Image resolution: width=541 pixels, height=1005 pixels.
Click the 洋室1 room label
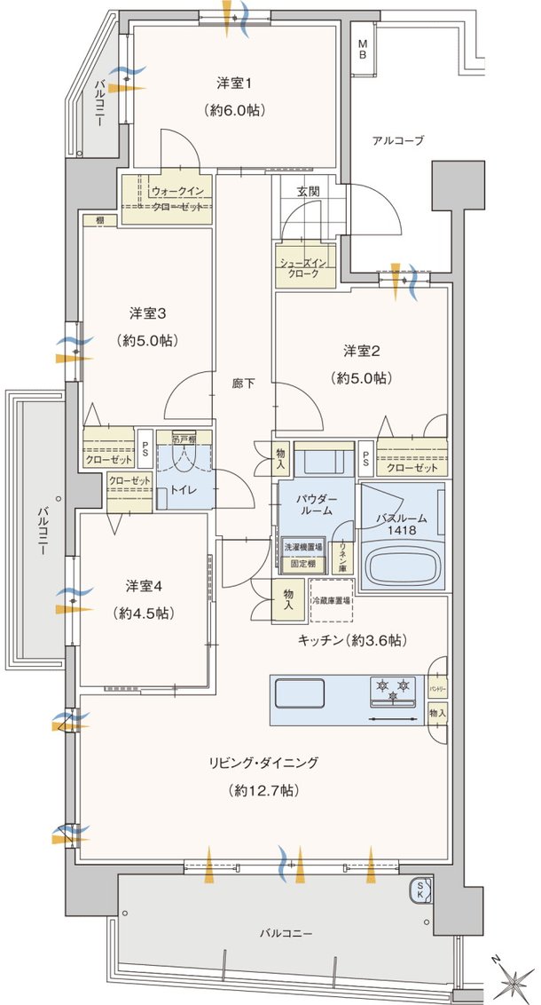[x=235, y=84]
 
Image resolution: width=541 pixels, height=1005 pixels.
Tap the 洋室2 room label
[x=362, y=350]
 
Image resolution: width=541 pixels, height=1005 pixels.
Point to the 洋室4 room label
[x=143, y=586]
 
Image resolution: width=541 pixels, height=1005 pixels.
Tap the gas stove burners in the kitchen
[x=394, y=689]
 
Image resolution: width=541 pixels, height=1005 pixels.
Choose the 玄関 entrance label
[x=308, y=191]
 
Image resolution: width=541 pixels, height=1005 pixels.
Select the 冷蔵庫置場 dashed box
[x=332, y=600]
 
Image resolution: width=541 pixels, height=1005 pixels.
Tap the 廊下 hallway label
[x=244, y=384]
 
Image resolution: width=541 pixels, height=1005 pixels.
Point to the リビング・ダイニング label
[x=263, y=763]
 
